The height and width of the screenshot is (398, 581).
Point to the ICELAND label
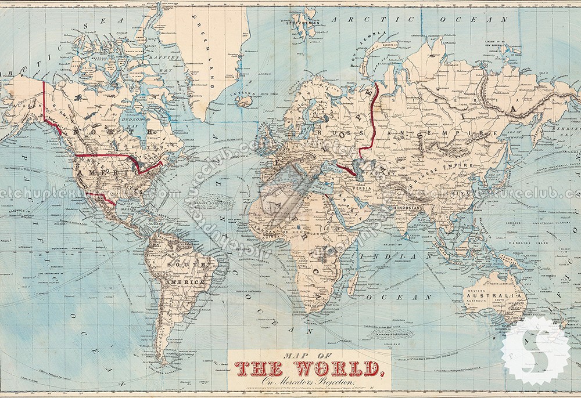click(244, 93)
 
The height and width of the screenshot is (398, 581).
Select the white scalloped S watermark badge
click(535, 350)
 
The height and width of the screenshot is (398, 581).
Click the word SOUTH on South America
click(180, 264)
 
